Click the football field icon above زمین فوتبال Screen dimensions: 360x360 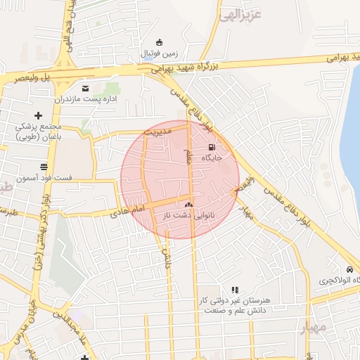[160, 42]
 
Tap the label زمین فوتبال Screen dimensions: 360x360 [160, 53]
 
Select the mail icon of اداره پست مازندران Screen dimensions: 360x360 [86, 88]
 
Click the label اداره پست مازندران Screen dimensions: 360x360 [85, 99]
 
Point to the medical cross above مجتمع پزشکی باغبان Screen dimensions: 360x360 [39, 115]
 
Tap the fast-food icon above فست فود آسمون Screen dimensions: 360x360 [44, 167]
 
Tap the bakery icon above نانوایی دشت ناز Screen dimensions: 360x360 [188, 204]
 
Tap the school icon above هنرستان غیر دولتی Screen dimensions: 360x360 [235, 289]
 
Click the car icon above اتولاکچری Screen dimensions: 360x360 [349, 270]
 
